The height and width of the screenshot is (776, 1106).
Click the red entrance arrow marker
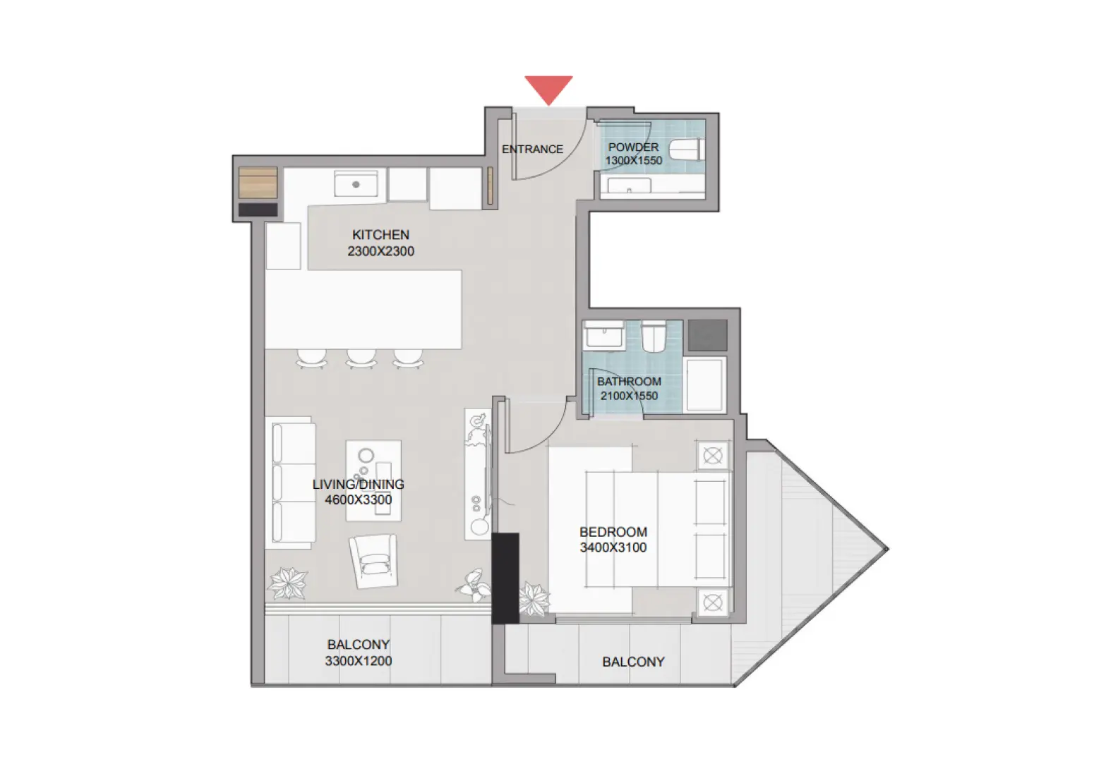tap(548, 89)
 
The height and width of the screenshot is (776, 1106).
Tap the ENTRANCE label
tap(532, 150)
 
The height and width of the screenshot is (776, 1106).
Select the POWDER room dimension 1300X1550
tap(633, 161)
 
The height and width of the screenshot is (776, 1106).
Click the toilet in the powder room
tap(687, 150)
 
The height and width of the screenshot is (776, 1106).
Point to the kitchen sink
tap(356, 184)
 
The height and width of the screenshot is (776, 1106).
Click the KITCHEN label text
tap(380, 235)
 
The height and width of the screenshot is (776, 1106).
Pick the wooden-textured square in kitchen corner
tap(258, 183)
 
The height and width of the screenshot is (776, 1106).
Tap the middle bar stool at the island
tap(361, 358)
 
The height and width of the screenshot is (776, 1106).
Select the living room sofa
tap(290, 483)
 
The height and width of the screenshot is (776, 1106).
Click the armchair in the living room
tap(373, 561)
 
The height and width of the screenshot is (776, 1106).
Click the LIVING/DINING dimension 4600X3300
tap(358, 500)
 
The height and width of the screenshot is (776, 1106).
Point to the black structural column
tap(505, 578)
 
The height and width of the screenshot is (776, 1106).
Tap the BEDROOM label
tap(613, 532)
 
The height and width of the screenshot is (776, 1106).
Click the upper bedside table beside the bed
tap(712, 456)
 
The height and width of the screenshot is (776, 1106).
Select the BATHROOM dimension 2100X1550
tap(629, 396)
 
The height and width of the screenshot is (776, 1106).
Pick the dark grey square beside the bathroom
tap(707, 335)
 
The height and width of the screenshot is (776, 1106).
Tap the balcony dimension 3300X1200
tap(358, 661)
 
